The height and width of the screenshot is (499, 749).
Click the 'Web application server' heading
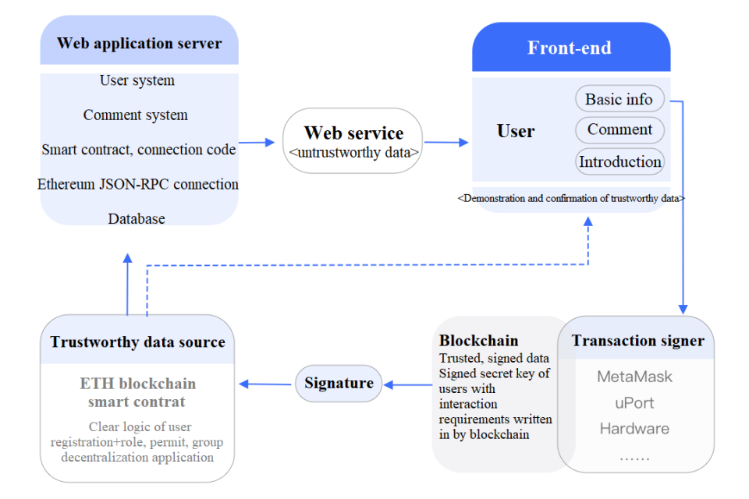coord(139,44)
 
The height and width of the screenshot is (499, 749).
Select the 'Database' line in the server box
coord(137,218)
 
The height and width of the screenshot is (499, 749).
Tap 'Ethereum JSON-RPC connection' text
coord(138,184)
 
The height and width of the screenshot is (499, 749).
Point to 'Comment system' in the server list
coord(136,115)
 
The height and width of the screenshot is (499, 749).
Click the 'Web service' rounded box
coord(353,140)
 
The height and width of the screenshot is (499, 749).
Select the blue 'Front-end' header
coord(571,47)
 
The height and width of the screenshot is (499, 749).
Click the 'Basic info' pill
coord(619,99)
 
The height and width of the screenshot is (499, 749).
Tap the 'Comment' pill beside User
coord(619,129)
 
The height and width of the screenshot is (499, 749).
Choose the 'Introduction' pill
coord(619,162)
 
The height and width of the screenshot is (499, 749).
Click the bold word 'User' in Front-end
coord(516,131)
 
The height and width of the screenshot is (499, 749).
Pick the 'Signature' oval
coord(339,383)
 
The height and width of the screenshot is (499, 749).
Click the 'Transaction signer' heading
coord(637,341)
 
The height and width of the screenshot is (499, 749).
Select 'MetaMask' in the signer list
coord(634,377)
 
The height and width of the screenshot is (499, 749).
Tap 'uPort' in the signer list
coord(634,403)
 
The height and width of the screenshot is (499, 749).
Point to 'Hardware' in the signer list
coord(634,428)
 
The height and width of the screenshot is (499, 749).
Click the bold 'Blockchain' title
coord(478,341)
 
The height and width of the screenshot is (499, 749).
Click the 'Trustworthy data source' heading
coord(137,342)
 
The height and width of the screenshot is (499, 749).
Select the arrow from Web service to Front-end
coord(446,142)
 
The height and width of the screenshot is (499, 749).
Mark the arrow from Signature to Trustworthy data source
coord(265,384)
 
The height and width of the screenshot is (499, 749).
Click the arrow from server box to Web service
coord(257,142)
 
